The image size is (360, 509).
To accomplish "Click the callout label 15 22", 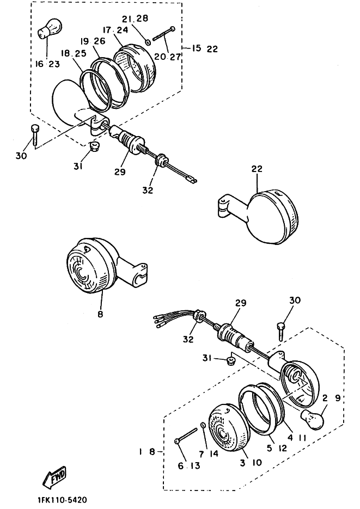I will point(204,48).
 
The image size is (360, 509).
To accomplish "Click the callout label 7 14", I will point(208,453).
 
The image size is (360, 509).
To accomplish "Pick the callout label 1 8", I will point(147,451).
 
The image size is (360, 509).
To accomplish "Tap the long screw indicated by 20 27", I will point(164,34).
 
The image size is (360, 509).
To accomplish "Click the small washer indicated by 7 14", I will point(203,425).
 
